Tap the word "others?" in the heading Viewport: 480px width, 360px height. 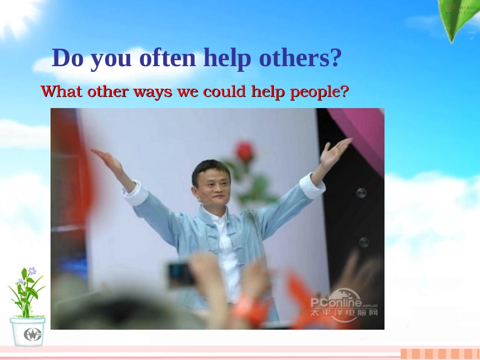pyautogui.click(x=300, y=58)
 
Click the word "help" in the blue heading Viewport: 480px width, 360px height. pyautogui.click(x=227, y=59)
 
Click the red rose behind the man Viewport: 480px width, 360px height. pyautogui.click(x=245, y=152)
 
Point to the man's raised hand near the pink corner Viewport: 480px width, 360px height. pyautogui.click(x=334, y=152)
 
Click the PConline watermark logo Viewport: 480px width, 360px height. pyautogui.click(x=344, y=304)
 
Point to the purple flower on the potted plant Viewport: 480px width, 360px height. pyautogui.click(x=32, y=271)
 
